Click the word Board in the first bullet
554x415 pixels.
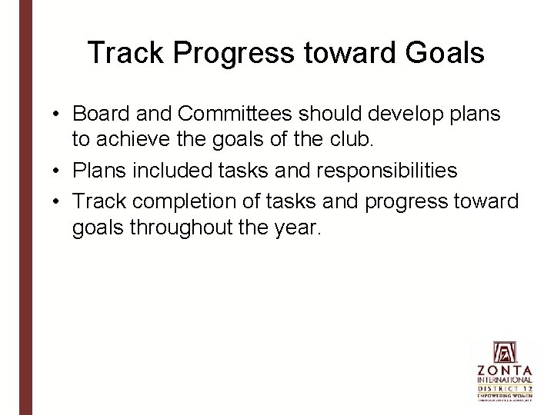tap(98, 115)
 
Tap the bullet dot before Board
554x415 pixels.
tap(58, 115)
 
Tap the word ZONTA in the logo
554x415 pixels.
tap(505, 370)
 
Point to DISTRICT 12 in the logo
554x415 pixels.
tap(505, 388)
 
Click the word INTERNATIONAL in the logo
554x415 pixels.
tap(505, 380)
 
